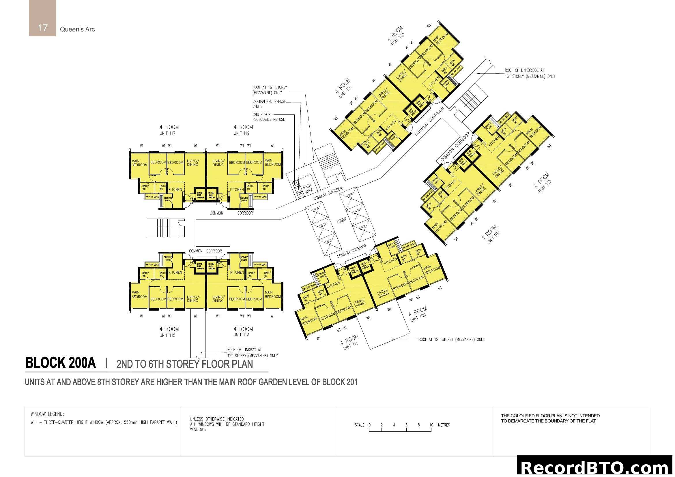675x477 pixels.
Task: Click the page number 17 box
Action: tap(42, 18)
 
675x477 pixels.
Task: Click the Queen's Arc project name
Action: tap(77, 29)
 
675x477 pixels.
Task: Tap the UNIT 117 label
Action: tap(167, 133)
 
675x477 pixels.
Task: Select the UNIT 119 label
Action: tap(241, 133)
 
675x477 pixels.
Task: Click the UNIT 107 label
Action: tap(493, 237)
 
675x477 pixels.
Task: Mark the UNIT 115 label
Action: tap(167, 335)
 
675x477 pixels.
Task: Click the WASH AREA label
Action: tap(308, 189)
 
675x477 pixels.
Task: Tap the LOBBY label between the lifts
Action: tap(342, 220)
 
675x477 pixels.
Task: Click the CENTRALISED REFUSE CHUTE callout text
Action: tap(269, 104)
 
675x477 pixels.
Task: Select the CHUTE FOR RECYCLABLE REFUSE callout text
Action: tap(268, 117)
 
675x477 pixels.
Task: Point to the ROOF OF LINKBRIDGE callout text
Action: tap(530, 73)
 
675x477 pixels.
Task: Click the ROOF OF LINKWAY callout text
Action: tap(252, 352)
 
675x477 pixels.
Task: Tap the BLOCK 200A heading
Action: tap(61, 363)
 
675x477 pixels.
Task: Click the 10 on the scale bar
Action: tap(431, 425)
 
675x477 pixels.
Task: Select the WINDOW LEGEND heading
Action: tap(47, 414)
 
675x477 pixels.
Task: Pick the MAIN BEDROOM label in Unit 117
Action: tap(139, 163)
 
